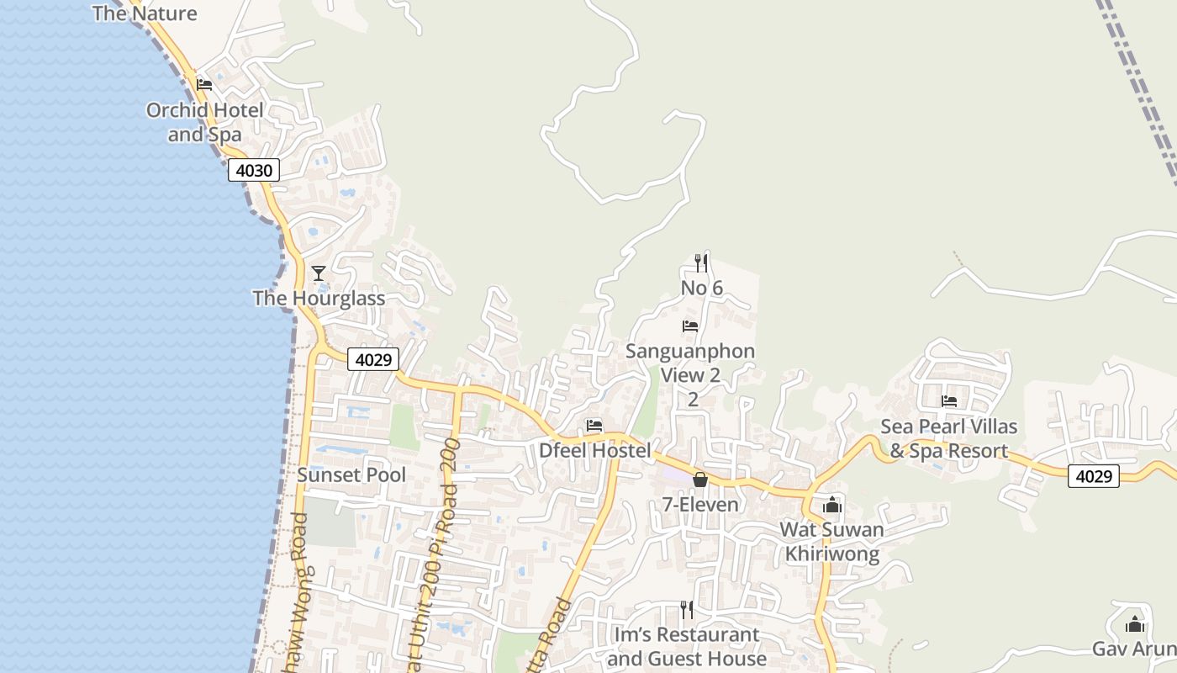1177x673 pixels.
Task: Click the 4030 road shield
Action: point(254,170)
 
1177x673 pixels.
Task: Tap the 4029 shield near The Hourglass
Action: point(373,359)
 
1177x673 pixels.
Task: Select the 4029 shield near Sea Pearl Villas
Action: point(1094,476)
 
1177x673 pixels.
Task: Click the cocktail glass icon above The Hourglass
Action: point(318,273)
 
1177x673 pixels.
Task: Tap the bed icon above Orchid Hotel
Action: point(204,85)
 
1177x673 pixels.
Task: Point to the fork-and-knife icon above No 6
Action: point(700,263)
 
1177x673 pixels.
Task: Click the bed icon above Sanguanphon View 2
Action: point(690,326)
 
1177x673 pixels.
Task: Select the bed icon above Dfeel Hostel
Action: point(594,426)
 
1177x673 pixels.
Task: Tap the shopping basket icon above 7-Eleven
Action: point(699,480)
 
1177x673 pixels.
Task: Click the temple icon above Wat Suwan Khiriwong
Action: point(832,505)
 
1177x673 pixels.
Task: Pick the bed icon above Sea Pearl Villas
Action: point(949,401)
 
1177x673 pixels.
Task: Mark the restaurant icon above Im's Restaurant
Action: point(687,610)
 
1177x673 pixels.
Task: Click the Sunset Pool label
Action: point(351,475)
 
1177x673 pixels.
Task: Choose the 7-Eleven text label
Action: point(700,505)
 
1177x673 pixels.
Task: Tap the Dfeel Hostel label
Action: point(594,451)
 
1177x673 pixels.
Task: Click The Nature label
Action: point(145,13)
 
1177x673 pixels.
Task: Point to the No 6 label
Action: point(702,289)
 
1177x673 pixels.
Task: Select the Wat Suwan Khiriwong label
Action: point(832,542)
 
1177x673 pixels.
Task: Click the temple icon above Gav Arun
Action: point(1135,625)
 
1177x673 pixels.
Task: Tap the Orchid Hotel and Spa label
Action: point(205,122)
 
